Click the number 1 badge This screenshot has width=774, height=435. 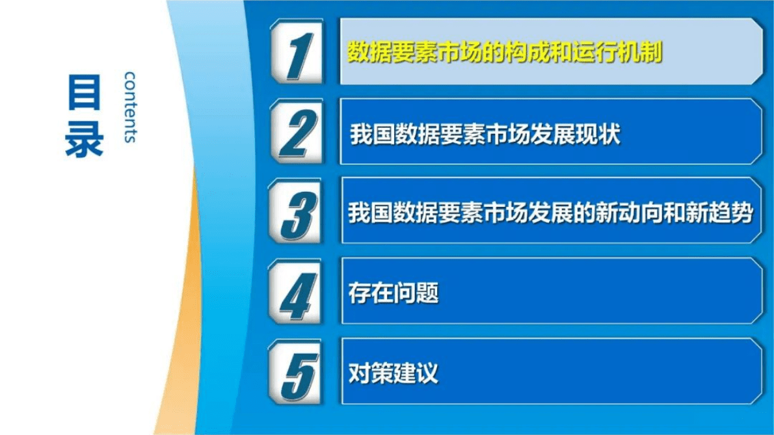click(x=297, y=52)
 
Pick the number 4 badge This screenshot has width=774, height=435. click(x=297, y=292)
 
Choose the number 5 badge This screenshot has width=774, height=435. click(x=297, y=372)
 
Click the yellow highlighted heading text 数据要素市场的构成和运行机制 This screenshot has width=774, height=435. click(x=504, y=52)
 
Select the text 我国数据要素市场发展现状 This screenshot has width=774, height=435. click(x=485, y=134)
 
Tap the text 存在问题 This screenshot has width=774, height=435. click(x=394, y=293)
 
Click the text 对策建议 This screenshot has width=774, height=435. click(x=394, y=373)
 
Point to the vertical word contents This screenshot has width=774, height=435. click(x=130, y=107)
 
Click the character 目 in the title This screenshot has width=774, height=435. click(x=84, y=92)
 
